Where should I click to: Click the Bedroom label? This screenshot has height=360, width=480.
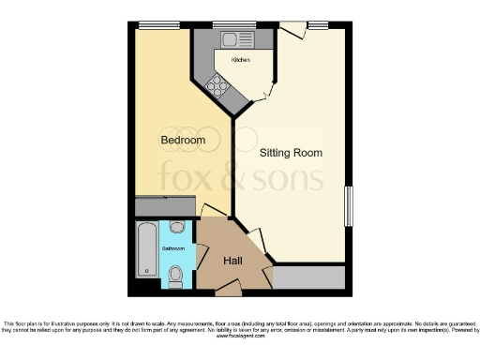point(183,141)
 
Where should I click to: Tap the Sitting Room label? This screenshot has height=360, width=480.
point(291,152)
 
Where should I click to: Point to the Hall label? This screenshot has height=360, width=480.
point(232,262)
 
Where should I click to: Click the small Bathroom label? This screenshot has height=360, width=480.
point(172,249)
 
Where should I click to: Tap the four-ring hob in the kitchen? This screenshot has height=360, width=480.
point(218,86)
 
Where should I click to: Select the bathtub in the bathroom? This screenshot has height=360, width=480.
point(147,249)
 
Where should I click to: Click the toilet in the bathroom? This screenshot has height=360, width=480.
point(176,274)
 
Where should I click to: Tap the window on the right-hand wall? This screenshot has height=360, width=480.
point(349,206)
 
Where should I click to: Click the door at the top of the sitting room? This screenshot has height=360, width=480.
point(293,30)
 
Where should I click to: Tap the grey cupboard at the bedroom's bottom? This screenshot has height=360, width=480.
point(165,206)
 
